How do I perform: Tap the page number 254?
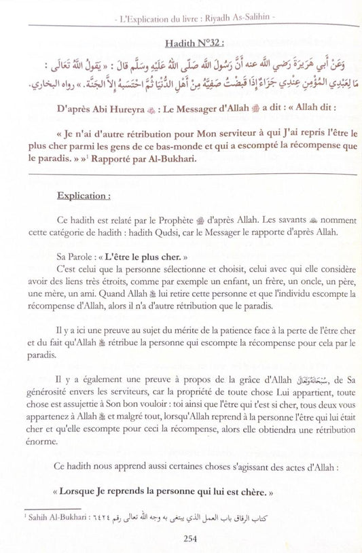click(x=181, y=541)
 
